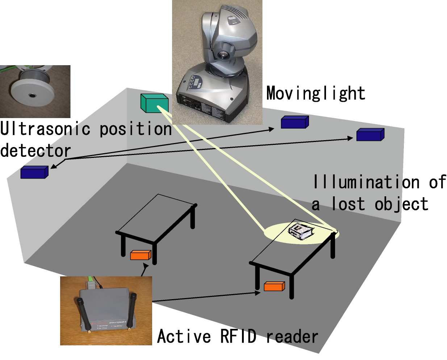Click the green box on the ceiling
154,103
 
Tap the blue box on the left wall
34,172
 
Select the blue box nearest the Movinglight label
294,122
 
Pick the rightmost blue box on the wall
370,135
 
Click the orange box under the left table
141,255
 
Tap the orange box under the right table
274,286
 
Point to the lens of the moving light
223,55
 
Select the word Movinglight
316,93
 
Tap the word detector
35,151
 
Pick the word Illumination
366,182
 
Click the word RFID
238,336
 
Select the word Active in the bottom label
184,336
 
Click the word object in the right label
401,204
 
